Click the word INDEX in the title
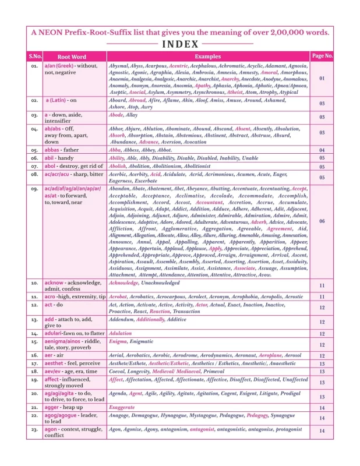click(x=180, y=44)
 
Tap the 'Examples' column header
click(x=207, y=57)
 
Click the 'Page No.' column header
click(x=322, y=56)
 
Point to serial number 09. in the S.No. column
click(x=34, y=189)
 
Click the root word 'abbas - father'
click(x=62, y=150)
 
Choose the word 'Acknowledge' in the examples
click(x=123, y=283)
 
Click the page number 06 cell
click(x=322, y=221)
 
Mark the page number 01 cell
click(x=322, y=78)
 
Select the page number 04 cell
click(x=322, y=150)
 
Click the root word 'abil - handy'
click(x=59, y=158)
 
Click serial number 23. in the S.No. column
click(x=34, y=429)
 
